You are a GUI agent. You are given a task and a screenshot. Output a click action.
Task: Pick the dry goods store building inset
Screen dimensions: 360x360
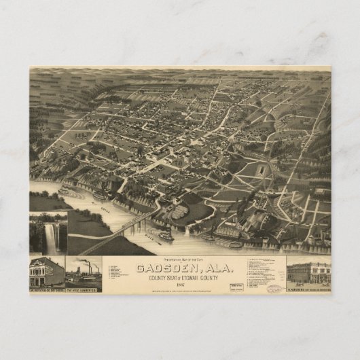(x=46, y=272)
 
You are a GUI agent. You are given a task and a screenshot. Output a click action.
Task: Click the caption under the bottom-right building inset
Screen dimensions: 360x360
(x=308, y=288)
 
